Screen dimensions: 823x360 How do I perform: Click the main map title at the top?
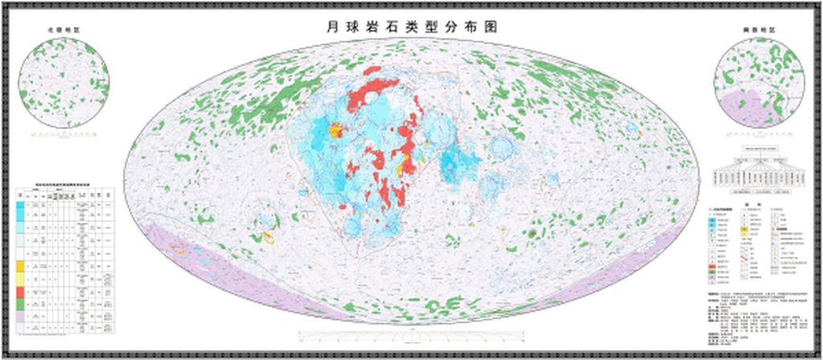tap(411, 26)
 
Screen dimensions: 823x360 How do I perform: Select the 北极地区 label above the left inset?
tap(63, 30)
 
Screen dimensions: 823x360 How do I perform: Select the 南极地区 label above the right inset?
tap(759, 30)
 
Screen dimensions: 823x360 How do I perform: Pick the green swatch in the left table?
tap(20, 306)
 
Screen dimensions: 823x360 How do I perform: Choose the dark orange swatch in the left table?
tap(20, 264)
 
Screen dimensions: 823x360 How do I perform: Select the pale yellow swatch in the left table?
tap(20, 277)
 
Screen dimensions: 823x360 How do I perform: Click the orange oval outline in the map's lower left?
tap(268, 238)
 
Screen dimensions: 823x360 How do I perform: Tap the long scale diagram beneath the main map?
tap(411, 333)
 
